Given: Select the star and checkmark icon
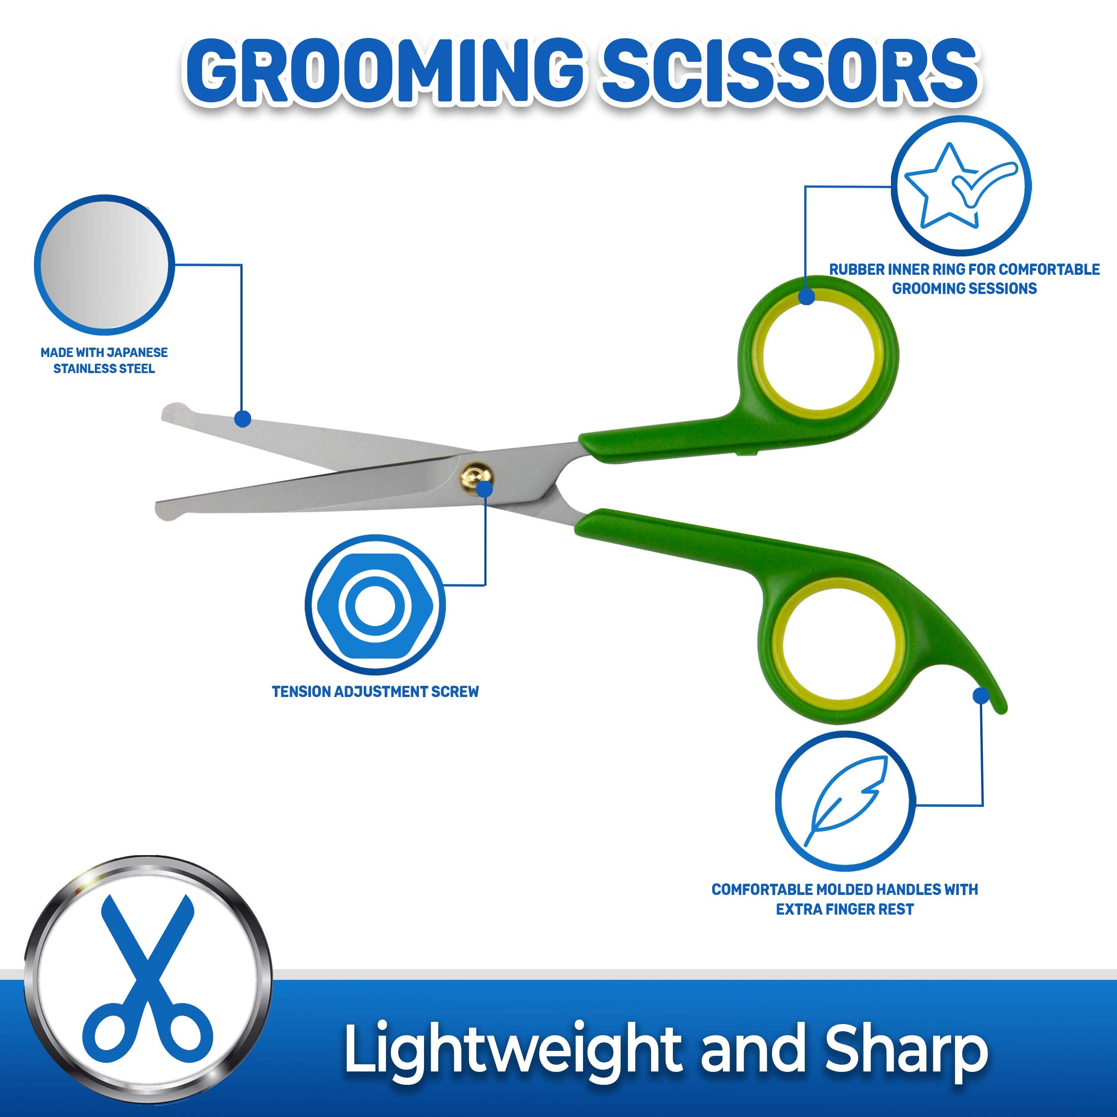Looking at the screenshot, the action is tap(960, 185).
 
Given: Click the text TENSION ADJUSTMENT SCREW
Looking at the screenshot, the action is tap(375, 692).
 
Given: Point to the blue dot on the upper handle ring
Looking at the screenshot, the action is tap(806, 297).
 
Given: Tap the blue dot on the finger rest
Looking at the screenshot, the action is tap(981, 695).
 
